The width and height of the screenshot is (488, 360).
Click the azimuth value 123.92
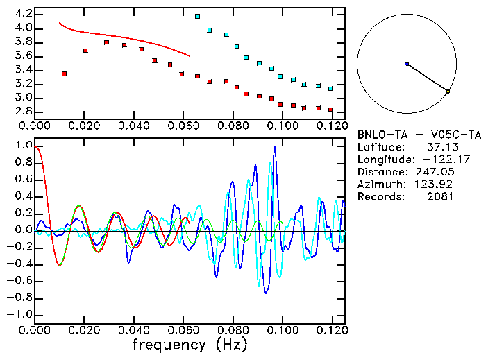tap(436, 185)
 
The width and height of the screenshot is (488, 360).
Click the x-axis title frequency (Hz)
tap(190, 344)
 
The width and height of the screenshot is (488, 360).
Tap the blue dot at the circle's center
tap(407, 64)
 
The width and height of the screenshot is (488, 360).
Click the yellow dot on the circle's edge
tap(448, 92)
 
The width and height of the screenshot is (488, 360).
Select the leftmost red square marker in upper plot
tap(64, 74)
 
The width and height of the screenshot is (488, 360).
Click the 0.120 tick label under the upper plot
tap(331, 126)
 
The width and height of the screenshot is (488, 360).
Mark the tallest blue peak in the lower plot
tap(275, 147)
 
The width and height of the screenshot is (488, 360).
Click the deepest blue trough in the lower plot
tap(265, 293)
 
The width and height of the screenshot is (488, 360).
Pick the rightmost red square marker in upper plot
tap(330, 110)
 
